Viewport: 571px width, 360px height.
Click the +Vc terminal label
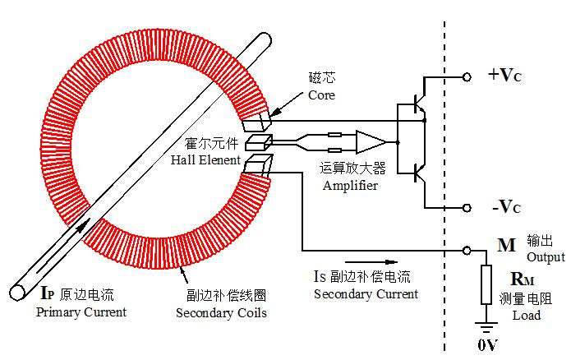pos(505,76)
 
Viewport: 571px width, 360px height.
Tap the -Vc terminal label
pos(505,205)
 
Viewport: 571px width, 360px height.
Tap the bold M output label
pos(506,245)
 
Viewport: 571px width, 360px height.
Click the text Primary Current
pos(81,312)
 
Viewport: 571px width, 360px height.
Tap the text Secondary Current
pos(366,294)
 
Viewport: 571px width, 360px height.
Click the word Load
pos(526,315)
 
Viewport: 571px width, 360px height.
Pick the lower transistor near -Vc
pos(416,173)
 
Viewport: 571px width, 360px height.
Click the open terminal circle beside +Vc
pos(467,76)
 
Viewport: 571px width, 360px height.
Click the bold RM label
pos(523,279)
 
